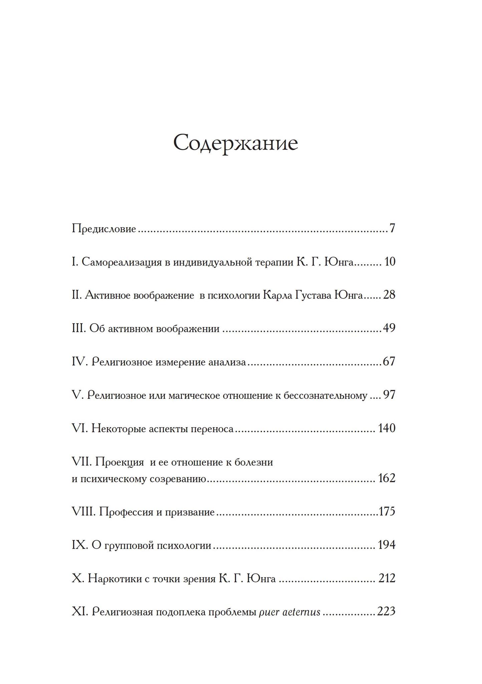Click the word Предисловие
[104, 229]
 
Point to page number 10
[390, 262]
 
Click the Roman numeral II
[76, 295]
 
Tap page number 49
[389, 328]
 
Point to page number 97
[389, 395]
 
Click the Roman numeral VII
[81, 462]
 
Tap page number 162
[387, 478]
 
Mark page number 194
[387, 545]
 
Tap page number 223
[386, 612]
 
